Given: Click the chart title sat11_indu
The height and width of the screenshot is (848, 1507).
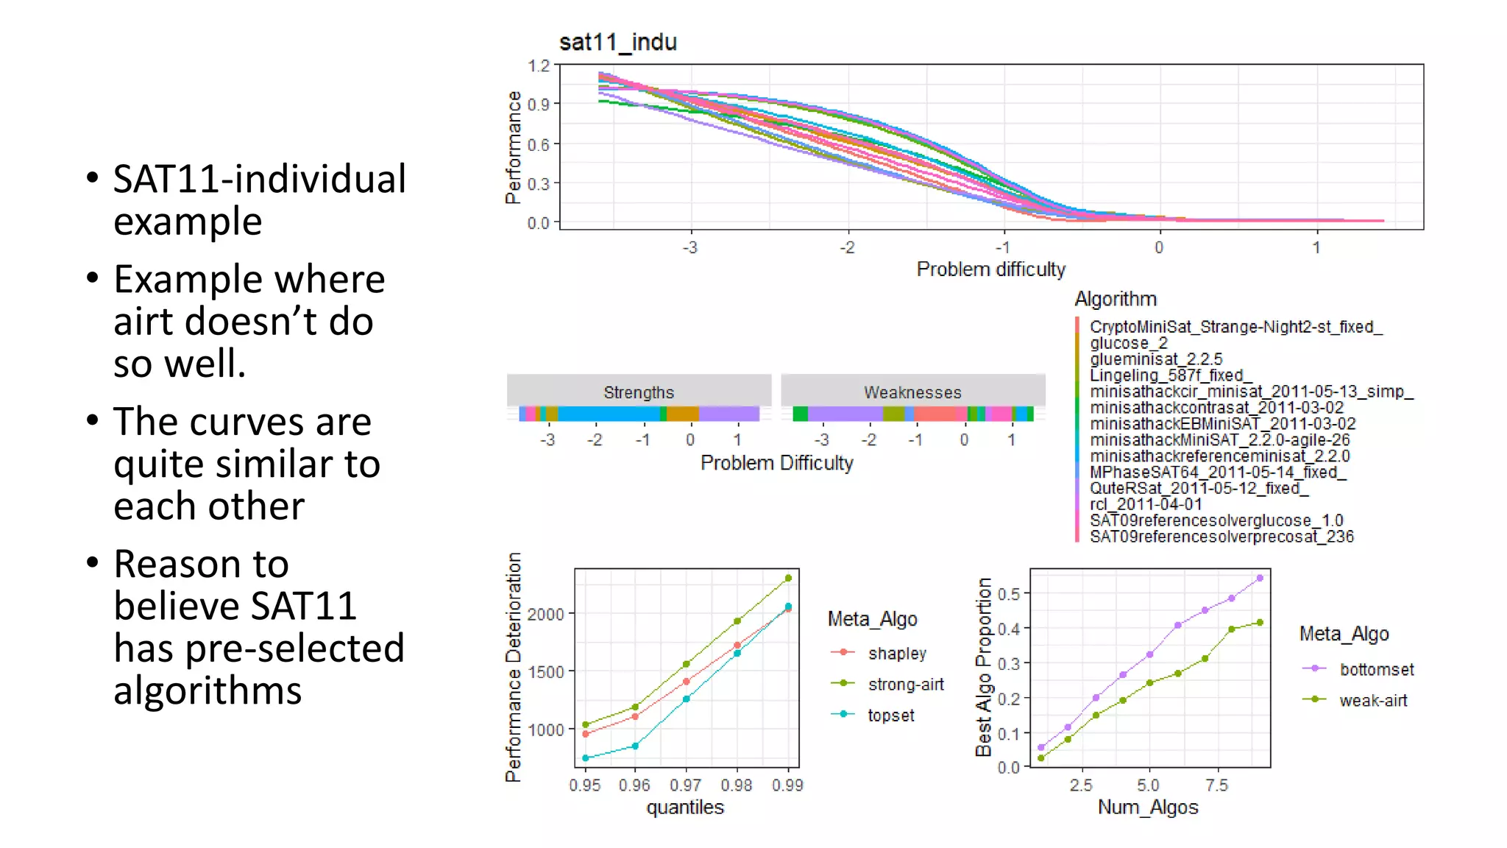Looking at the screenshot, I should coord(617,43).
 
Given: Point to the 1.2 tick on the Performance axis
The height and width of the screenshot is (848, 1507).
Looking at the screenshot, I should coord(539,66).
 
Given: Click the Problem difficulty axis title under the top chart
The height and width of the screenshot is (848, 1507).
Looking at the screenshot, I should coord(990,269).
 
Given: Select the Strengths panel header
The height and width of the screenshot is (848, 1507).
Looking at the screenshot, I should coord(638,392).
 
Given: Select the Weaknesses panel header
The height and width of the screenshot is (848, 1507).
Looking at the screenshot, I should coord(912,392).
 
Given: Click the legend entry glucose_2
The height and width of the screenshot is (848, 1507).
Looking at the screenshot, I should coord(1128,343).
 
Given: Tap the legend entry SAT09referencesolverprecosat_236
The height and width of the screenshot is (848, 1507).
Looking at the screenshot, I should coord(1221,537).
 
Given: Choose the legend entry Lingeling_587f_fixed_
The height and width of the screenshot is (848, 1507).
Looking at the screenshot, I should coord(1170,375).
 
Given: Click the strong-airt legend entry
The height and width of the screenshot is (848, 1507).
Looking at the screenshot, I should coord(905,685).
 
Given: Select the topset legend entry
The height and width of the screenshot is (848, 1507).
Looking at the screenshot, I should coord(890,715).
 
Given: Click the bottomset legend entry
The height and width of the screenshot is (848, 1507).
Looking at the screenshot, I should coord(1376,670).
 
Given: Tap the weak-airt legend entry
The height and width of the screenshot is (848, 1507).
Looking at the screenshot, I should coord(1372,701).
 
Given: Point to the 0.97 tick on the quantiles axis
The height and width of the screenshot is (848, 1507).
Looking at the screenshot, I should coord(686,785).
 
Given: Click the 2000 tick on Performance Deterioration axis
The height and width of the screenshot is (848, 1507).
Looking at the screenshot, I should coord(546,614).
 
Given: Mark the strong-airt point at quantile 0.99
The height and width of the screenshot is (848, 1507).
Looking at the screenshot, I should coord(788,579).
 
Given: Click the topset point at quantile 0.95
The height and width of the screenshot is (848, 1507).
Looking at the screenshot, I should coord(586,758).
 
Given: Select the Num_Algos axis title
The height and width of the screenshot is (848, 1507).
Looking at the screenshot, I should coord(1148,808).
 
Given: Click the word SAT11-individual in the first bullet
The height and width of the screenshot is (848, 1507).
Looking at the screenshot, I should coord(259,179).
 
